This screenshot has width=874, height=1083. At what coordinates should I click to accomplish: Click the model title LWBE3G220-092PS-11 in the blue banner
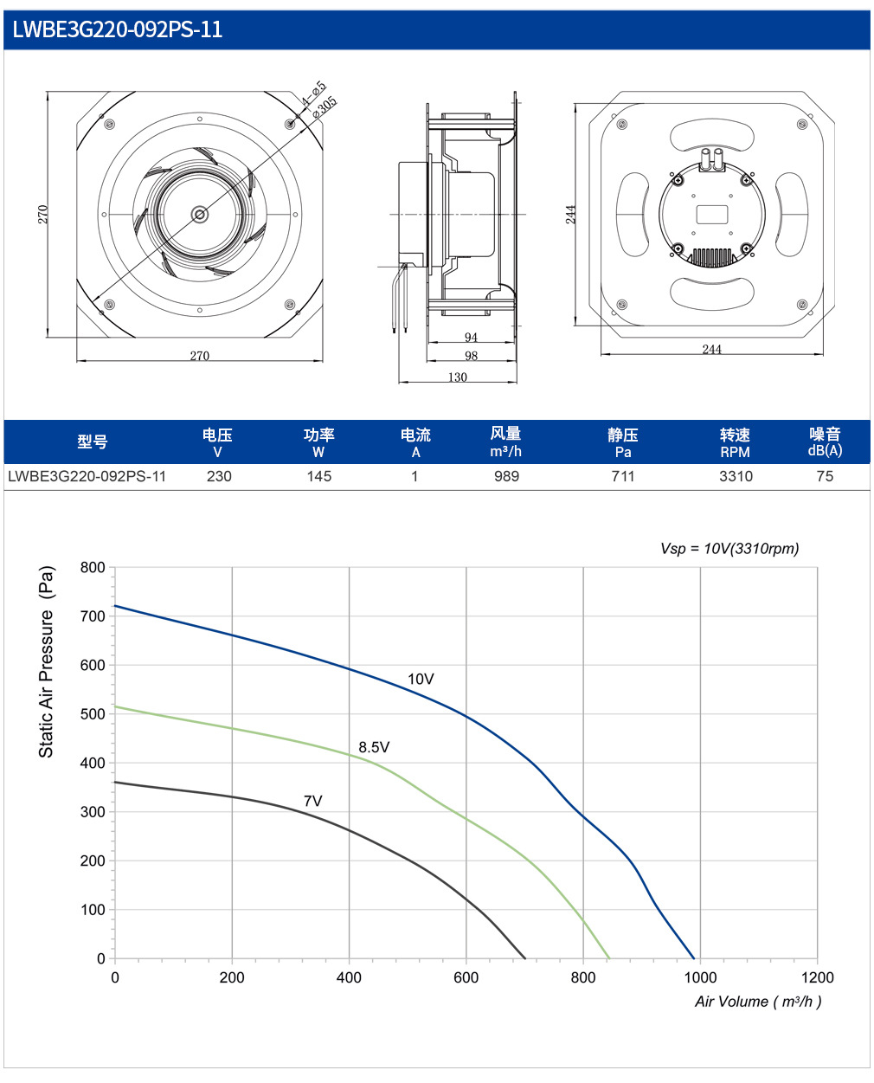[118, 29]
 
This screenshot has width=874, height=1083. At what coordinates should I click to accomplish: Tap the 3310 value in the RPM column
[736, 476]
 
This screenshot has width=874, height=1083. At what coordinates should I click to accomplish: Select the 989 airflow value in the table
[506, 476]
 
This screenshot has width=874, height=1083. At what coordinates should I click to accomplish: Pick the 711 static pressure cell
[623, 476]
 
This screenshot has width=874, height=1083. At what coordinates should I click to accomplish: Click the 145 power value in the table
[318, 476]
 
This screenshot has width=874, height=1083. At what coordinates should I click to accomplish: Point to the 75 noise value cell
[825, 476]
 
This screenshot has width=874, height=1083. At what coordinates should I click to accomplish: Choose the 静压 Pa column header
[623, 442]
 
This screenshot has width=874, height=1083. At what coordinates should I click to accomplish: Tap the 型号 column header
[92, 442]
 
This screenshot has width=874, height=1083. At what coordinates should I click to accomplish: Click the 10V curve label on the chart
[421, 679]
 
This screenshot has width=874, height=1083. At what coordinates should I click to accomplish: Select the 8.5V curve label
[374, 747]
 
